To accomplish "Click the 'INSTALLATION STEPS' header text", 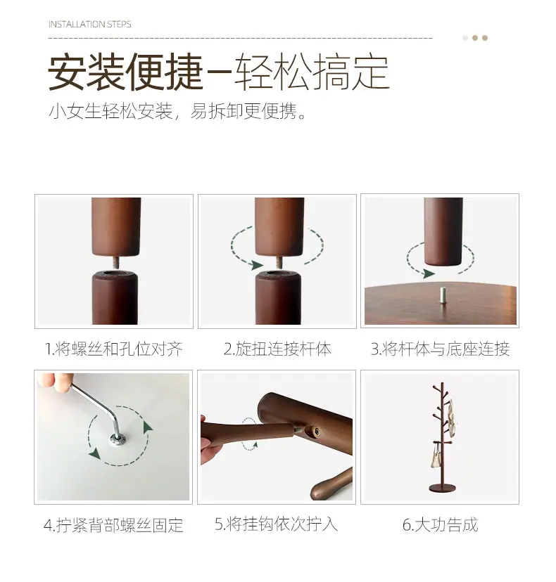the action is coord(89,25).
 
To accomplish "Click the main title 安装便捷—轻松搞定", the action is coord(219,72).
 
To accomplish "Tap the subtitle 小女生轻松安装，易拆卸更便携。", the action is coord(177,111).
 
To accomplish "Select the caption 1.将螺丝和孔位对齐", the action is coord(114,349).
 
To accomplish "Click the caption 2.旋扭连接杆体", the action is coord(277,349).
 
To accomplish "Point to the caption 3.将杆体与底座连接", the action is coord(440,349).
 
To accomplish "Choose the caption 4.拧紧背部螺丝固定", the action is coord(113,525).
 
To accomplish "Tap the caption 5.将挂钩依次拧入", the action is coord(276,524).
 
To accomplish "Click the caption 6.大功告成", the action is coord(440,524).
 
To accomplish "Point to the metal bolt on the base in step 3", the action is coord(443,295).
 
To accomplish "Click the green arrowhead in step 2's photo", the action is coord(256,265).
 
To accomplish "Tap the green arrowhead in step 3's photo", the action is coord(429,274).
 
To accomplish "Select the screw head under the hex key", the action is coord(118,440).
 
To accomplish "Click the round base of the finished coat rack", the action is coord(442,488).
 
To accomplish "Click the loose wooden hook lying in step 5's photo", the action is coord(331,484).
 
